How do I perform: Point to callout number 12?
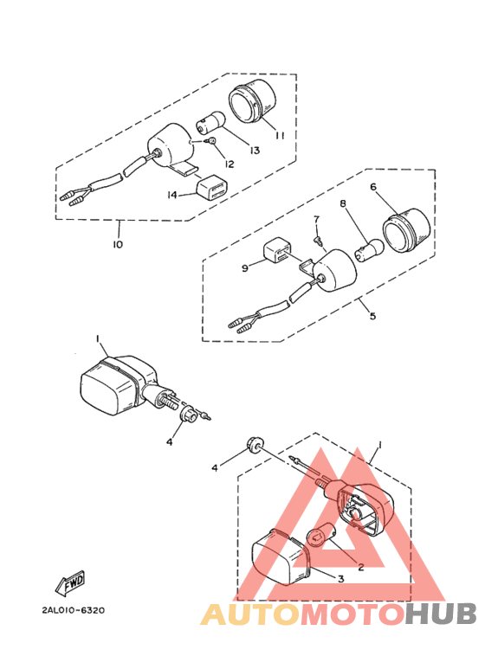[x=230, y=164]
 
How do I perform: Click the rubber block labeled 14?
[x=212, y=188]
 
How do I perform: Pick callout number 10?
[x=117, y=244]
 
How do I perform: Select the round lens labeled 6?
[x=407, y=231]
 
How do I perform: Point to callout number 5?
[x=372, y=316]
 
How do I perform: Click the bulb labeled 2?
[x=322, y=537]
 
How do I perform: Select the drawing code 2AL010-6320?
[x=73, y=610]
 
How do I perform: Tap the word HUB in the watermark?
[x=441, y=614]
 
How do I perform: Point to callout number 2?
[x=360, y=569]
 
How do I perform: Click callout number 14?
[x=172, y=196]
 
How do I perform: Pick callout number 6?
[x=373, y=186]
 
